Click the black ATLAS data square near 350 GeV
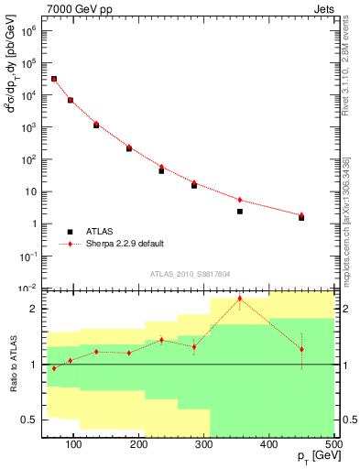[240, 212]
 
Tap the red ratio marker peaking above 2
[240, 298]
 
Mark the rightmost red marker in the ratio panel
[301, 349]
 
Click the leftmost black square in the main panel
[54, 80]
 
